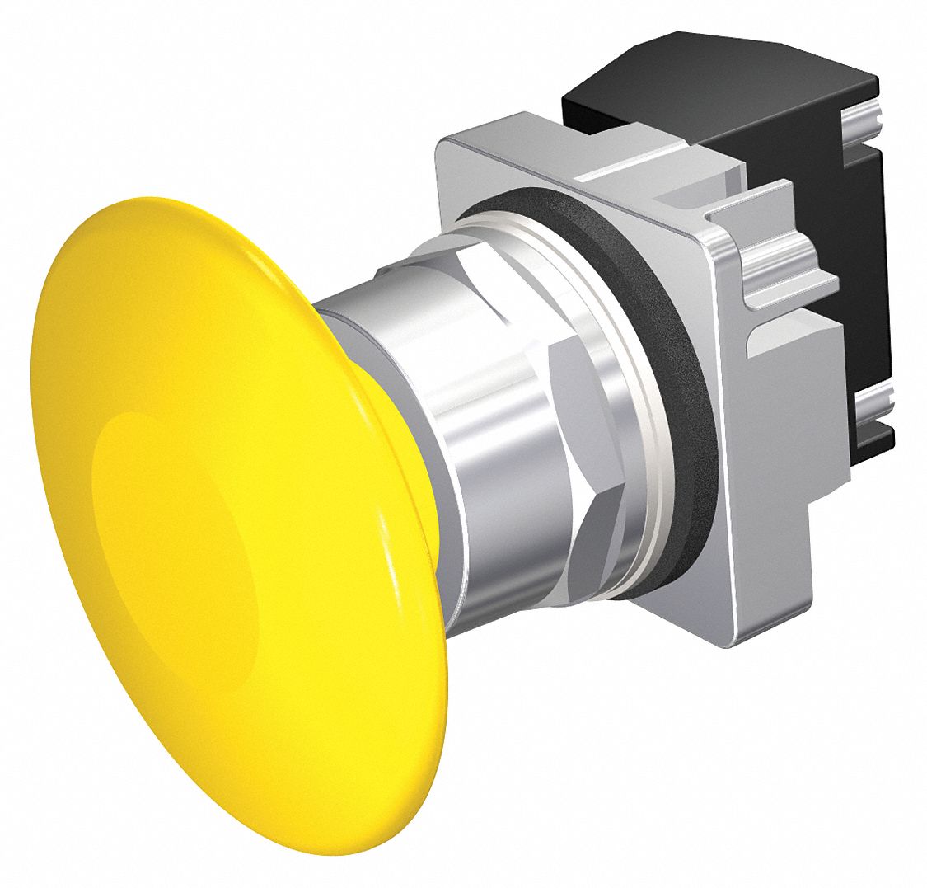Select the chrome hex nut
(527, 396)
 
